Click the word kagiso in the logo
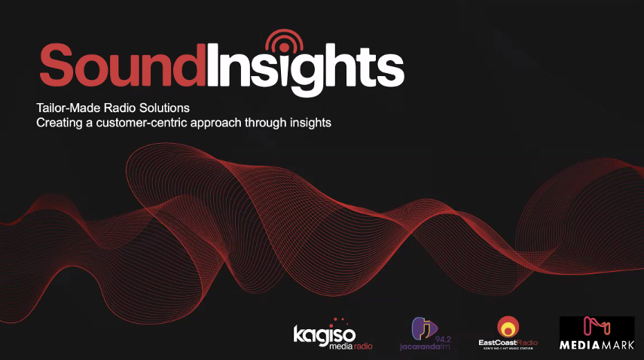point(323,334)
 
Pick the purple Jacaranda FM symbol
point(422,329)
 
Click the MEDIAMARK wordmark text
point(597,346)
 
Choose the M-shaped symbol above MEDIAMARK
point(597,328)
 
